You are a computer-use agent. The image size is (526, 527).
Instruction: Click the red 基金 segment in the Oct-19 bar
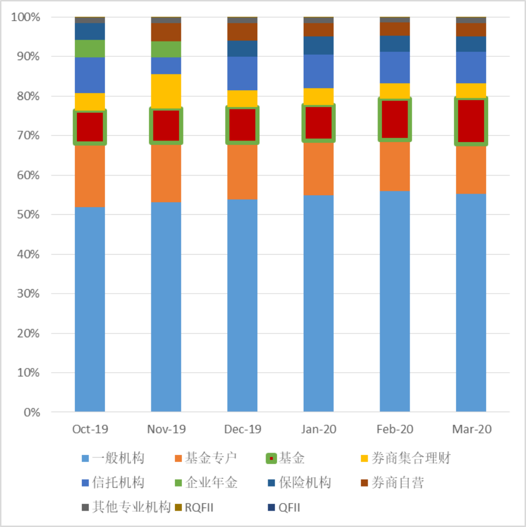pyautogui.click(x=90, y=127)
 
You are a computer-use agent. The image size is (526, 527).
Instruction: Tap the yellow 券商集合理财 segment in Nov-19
pyautogui.click(x=166, y=90)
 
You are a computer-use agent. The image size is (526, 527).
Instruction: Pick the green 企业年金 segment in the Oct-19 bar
pyautogui.click(x=90, y=49)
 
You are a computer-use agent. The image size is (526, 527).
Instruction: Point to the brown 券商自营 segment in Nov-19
pyautogui.click(x=166, y=32)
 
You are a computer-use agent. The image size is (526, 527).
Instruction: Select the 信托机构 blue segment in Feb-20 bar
pyautogui.click(x=394, y=67)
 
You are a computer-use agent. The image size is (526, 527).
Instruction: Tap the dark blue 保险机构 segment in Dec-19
pyautogui.click(x=242, y=48)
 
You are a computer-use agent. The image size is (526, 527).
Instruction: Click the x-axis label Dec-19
pyautogui.click(x=242, y=430)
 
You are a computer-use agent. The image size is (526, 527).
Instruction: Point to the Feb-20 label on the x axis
pyautogui.click(x=394, y=430)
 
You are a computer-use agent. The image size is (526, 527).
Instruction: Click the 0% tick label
pyautogui.click(x=32, y=413)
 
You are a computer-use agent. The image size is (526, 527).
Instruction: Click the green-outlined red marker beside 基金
pyautogui.click(x=271, y=458)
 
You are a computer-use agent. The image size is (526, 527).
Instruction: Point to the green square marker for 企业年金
pyautogui.click(x=178, y=483)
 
